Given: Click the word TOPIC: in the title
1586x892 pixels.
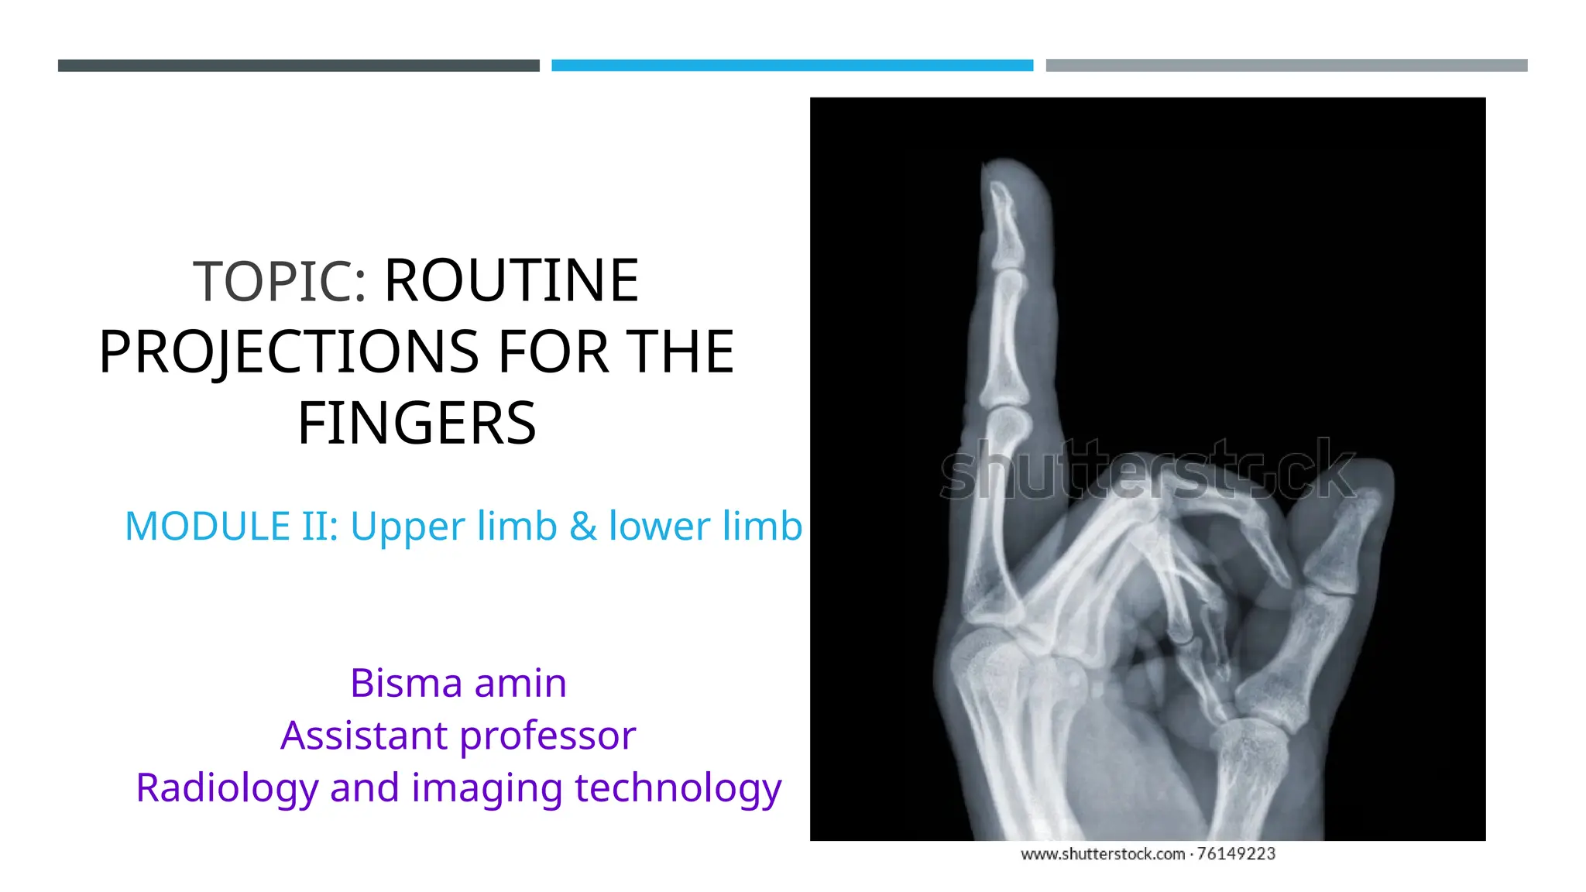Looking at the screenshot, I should pyautogui.click(x=280, y=281).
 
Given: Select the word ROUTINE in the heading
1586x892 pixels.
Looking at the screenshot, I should pyautogui.click(x=511, y=281).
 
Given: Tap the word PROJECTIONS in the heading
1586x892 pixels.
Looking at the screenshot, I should pyautogui.click(x=289, y=352).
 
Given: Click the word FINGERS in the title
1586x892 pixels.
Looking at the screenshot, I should pyautogui.click(x=417, y=424).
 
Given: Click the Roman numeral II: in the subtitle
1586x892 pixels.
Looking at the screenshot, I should pyautogui.click(x=320, y=527).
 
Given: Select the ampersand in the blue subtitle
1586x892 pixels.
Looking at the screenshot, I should pyautogui.click(x=582, y=527).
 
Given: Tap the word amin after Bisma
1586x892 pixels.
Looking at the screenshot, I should pyautogui.click(x=520, y=683).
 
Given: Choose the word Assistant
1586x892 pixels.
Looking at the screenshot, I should pyautogui.click(x=364, y=736).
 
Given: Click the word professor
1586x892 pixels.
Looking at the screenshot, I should pyautogui.click(x=548, y=736).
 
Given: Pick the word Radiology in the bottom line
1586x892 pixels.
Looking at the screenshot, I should pyautogui.click(x=227, y=788).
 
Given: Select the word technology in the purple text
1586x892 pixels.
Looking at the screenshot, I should pyautogui.click(x=678, y=788).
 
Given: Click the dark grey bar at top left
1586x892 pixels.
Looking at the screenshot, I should pyautogui.click(x=298, y=66).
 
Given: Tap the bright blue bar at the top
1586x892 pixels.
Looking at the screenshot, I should pyautogui.click(x=792, y=66).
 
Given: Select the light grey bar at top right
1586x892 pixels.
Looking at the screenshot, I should pyautogui.click(x=1286, y=66).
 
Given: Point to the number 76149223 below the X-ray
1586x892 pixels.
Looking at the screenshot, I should pyautogui.click(x=1236, y=854).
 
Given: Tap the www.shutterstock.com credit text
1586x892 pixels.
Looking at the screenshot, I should pyautogui.click(x=1103, y=854).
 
